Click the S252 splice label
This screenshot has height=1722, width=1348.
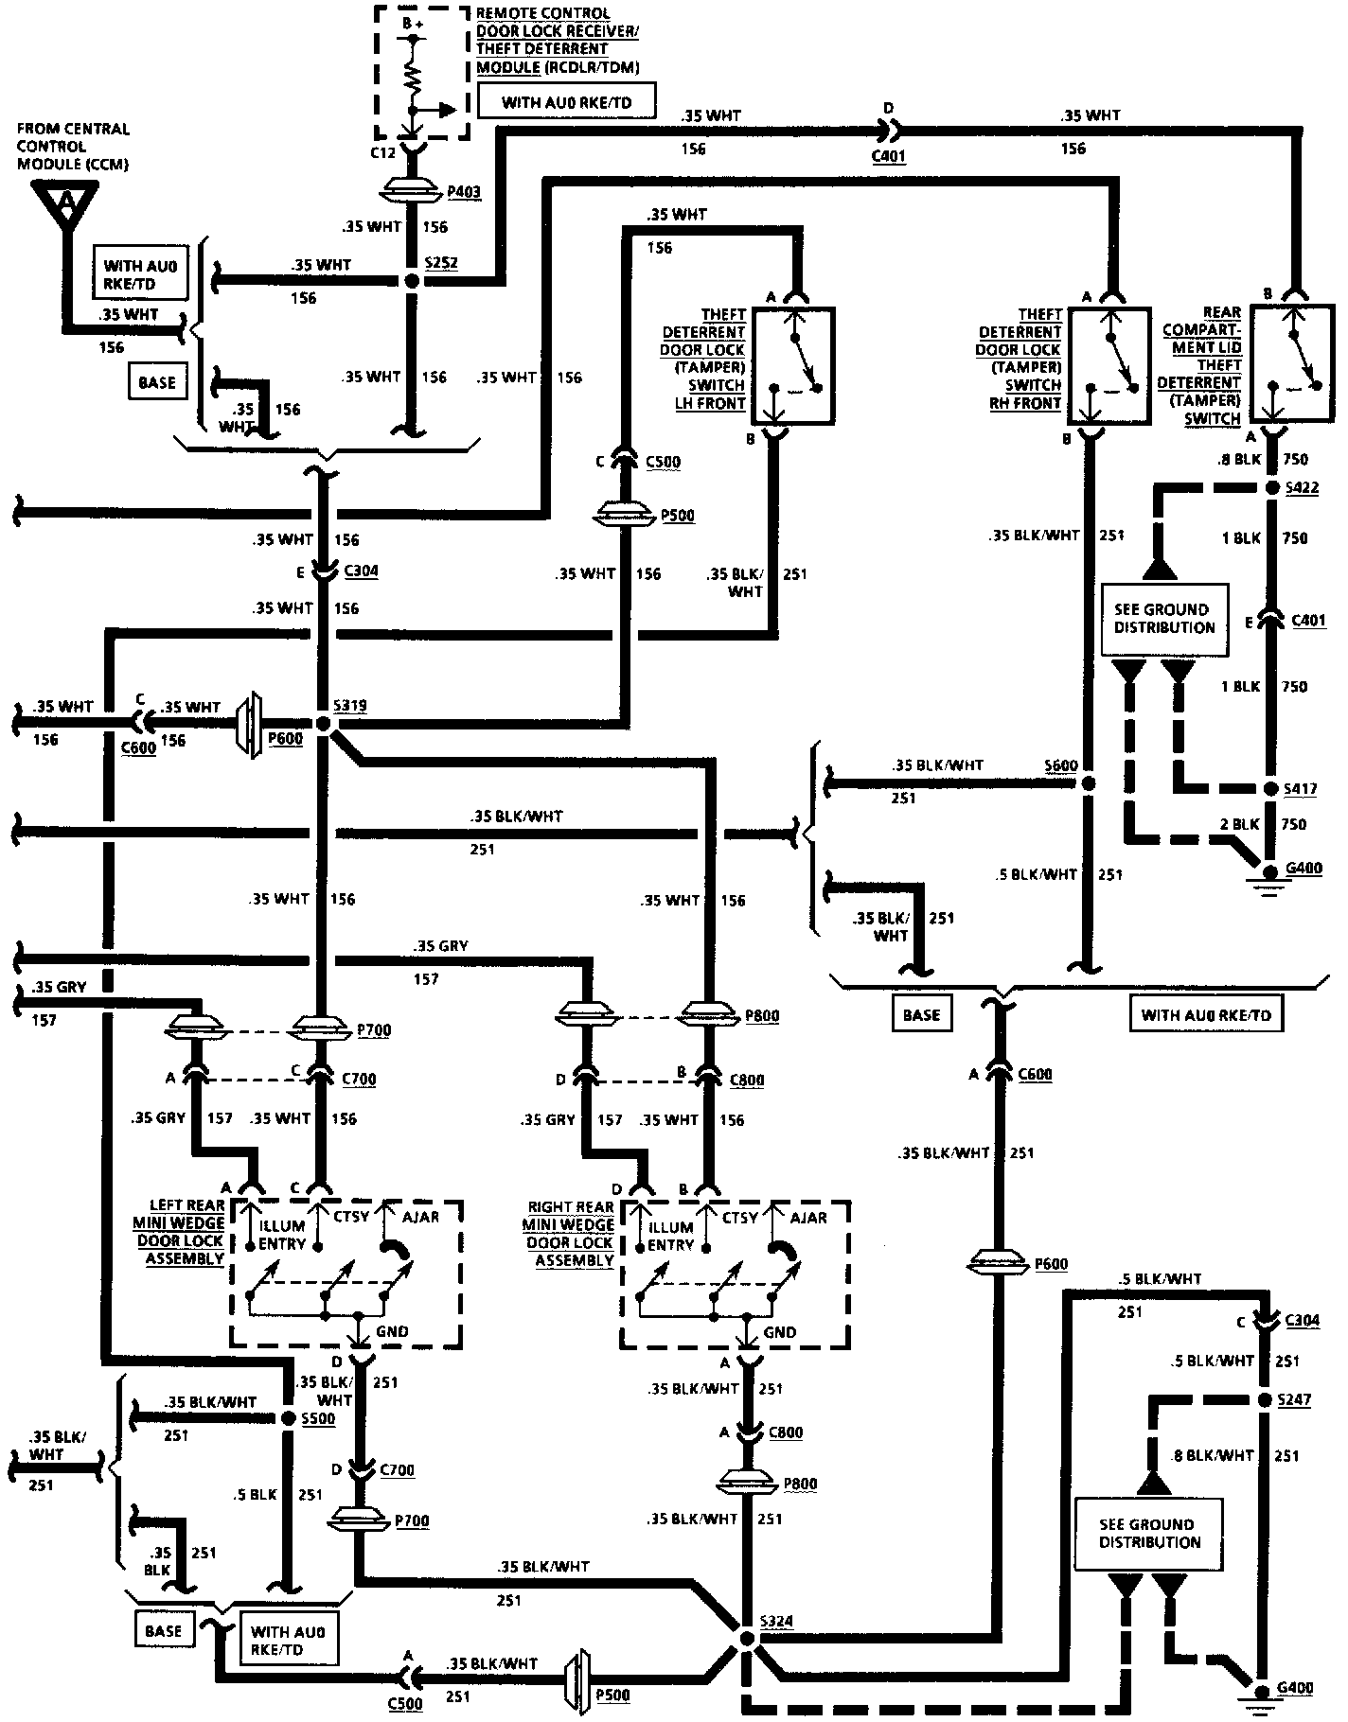(441, 262)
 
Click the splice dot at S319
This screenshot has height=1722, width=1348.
(324, 724)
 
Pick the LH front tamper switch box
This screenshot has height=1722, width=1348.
(793, 365)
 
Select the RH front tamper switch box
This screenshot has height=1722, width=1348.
(1109, 365)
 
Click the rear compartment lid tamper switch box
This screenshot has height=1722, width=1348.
(1291, 363)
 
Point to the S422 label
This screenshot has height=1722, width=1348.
(1299, 488)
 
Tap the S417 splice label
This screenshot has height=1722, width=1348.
(1299, 788)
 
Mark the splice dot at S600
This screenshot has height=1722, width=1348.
(1089, 783)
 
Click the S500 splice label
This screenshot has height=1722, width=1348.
(317, 1418)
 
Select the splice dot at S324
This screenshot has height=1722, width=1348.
(747, 1638)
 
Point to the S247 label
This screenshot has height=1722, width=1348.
(1293, 1399)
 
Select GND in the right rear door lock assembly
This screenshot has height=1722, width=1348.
(780, 1332)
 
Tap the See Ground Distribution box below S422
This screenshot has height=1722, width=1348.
(1163, 619)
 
